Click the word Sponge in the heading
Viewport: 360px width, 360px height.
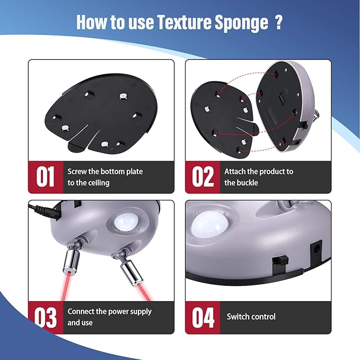coord(241,23)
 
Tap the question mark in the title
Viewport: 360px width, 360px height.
coord(278,22)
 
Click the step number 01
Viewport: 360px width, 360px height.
coord(45,177)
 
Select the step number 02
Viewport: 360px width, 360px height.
coord(203,177)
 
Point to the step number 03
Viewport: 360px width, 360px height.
coord(45,318)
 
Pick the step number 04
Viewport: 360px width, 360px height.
coord(203,318)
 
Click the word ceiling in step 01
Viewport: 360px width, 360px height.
coord(98,183)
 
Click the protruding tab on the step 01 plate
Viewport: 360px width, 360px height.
coord(76,147)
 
